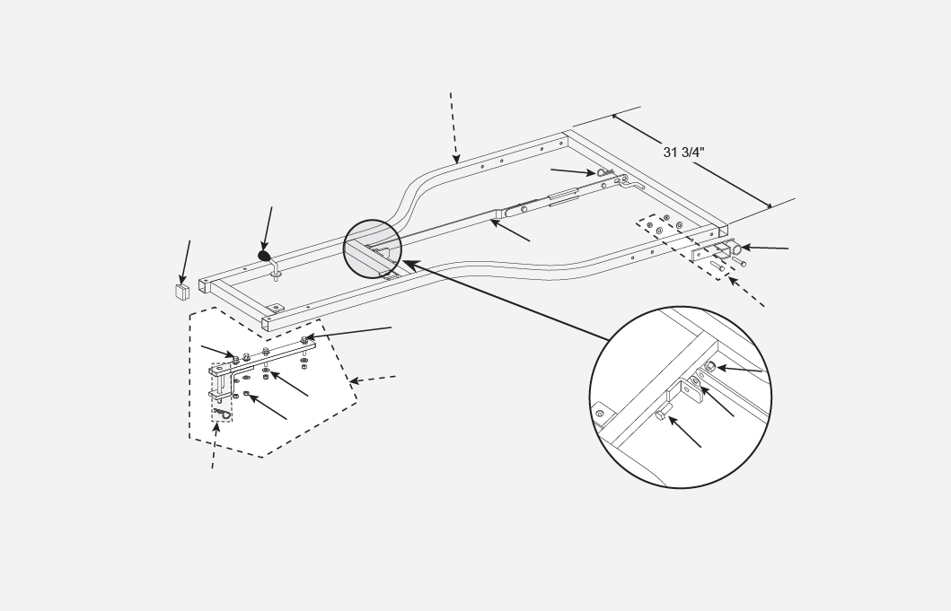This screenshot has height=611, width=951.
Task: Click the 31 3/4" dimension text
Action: click(x=683, y=152)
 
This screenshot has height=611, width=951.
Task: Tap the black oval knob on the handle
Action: click(x=264, y=256)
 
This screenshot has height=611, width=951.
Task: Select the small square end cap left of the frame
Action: click(x=182, y=291)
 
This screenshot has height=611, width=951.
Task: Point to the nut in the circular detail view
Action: click(x=709, y=365)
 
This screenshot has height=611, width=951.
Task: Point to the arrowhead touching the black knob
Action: click(x=265, y=247)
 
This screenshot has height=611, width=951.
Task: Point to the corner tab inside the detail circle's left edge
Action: click(x=599, y=413)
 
